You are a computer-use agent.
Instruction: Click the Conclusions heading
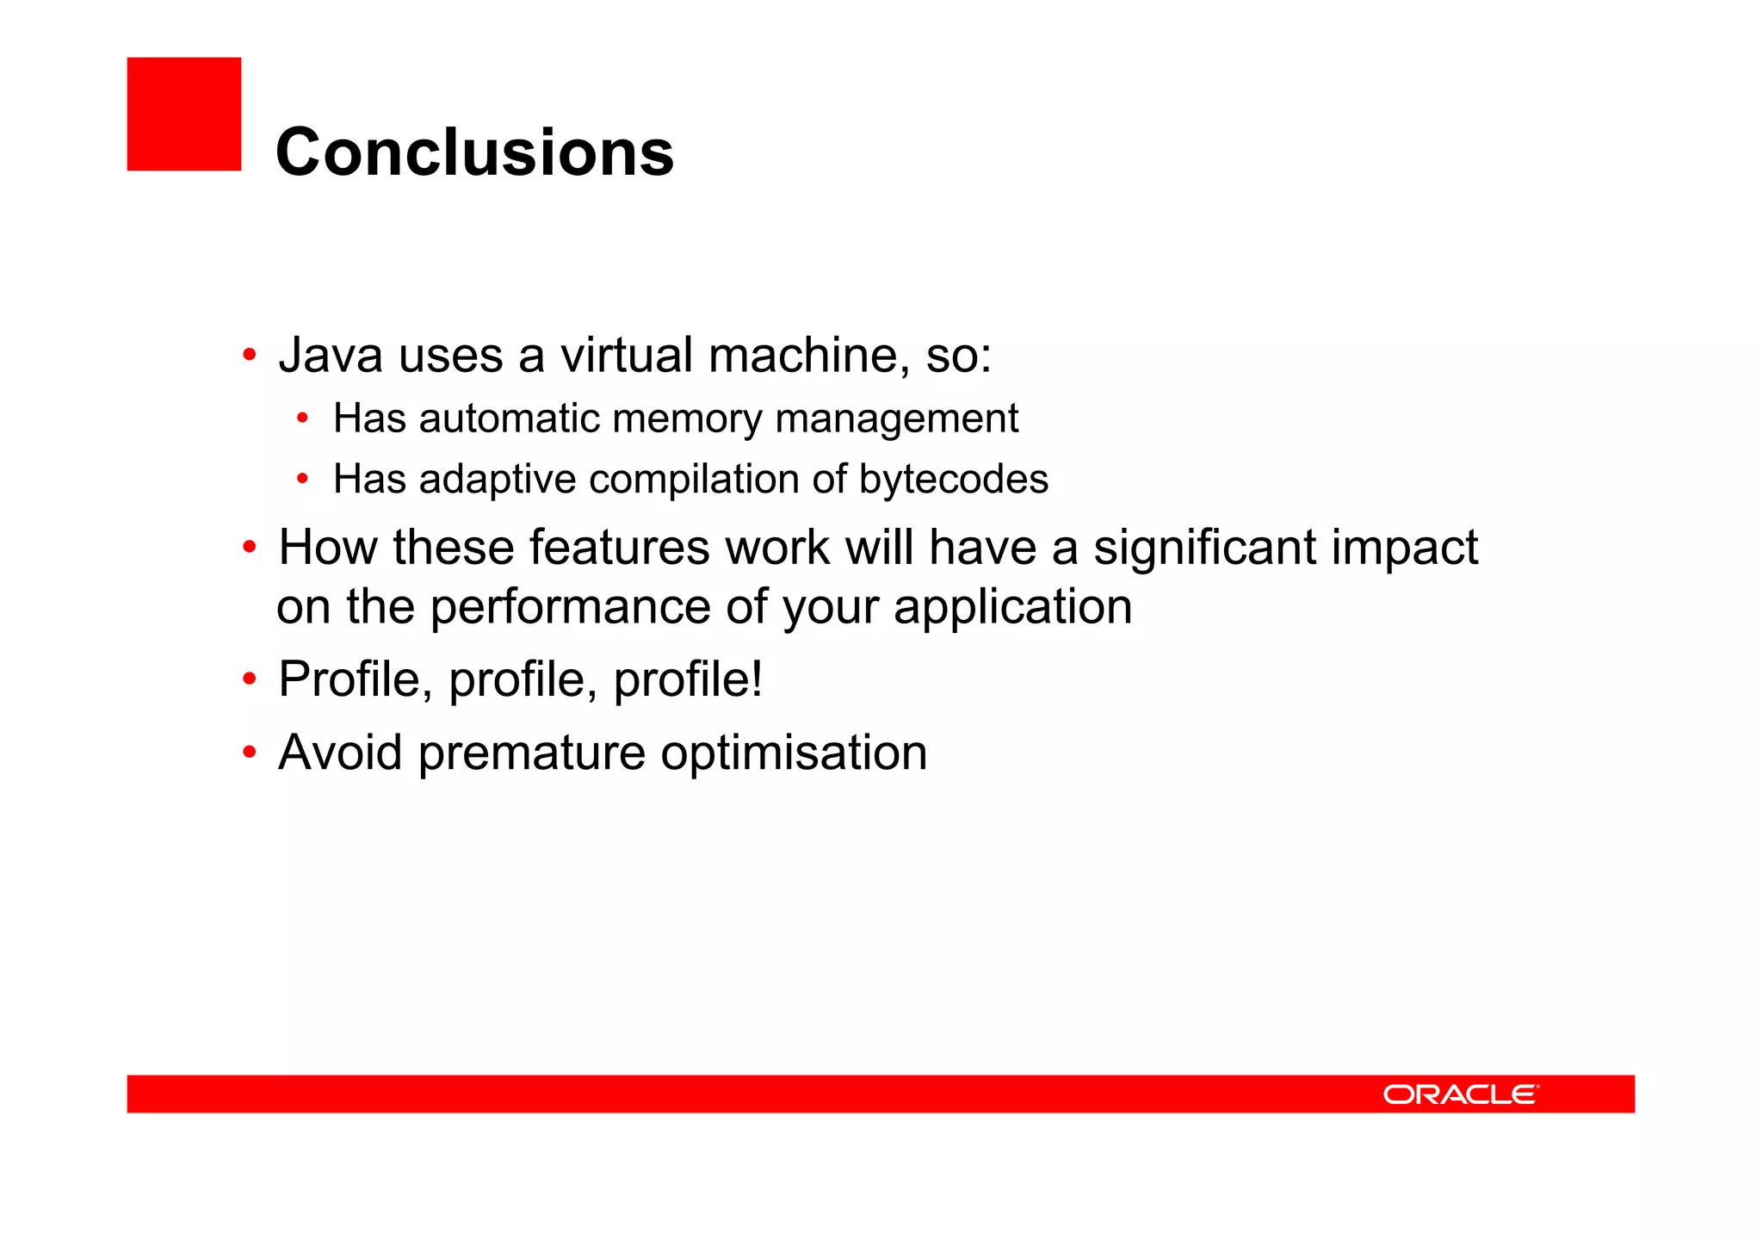474,152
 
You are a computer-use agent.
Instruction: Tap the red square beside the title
184,115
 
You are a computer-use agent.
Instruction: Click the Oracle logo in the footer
1460,1094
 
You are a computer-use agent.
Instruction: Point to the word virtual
627,355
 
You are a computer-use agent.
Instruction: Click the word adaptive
498,480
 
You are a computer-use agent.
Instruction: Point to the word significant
1204,548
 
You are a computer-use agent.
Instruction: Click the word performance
570,608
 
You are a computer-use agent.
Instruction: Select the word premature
531,753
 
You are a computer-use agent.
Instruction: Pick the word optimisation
794,753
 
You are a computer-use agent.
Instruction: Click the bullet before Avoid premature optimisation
250,753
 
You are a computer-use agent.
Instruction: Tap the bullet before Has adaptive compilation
302,480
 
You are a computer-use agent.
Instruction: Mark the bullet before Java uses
250,355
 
